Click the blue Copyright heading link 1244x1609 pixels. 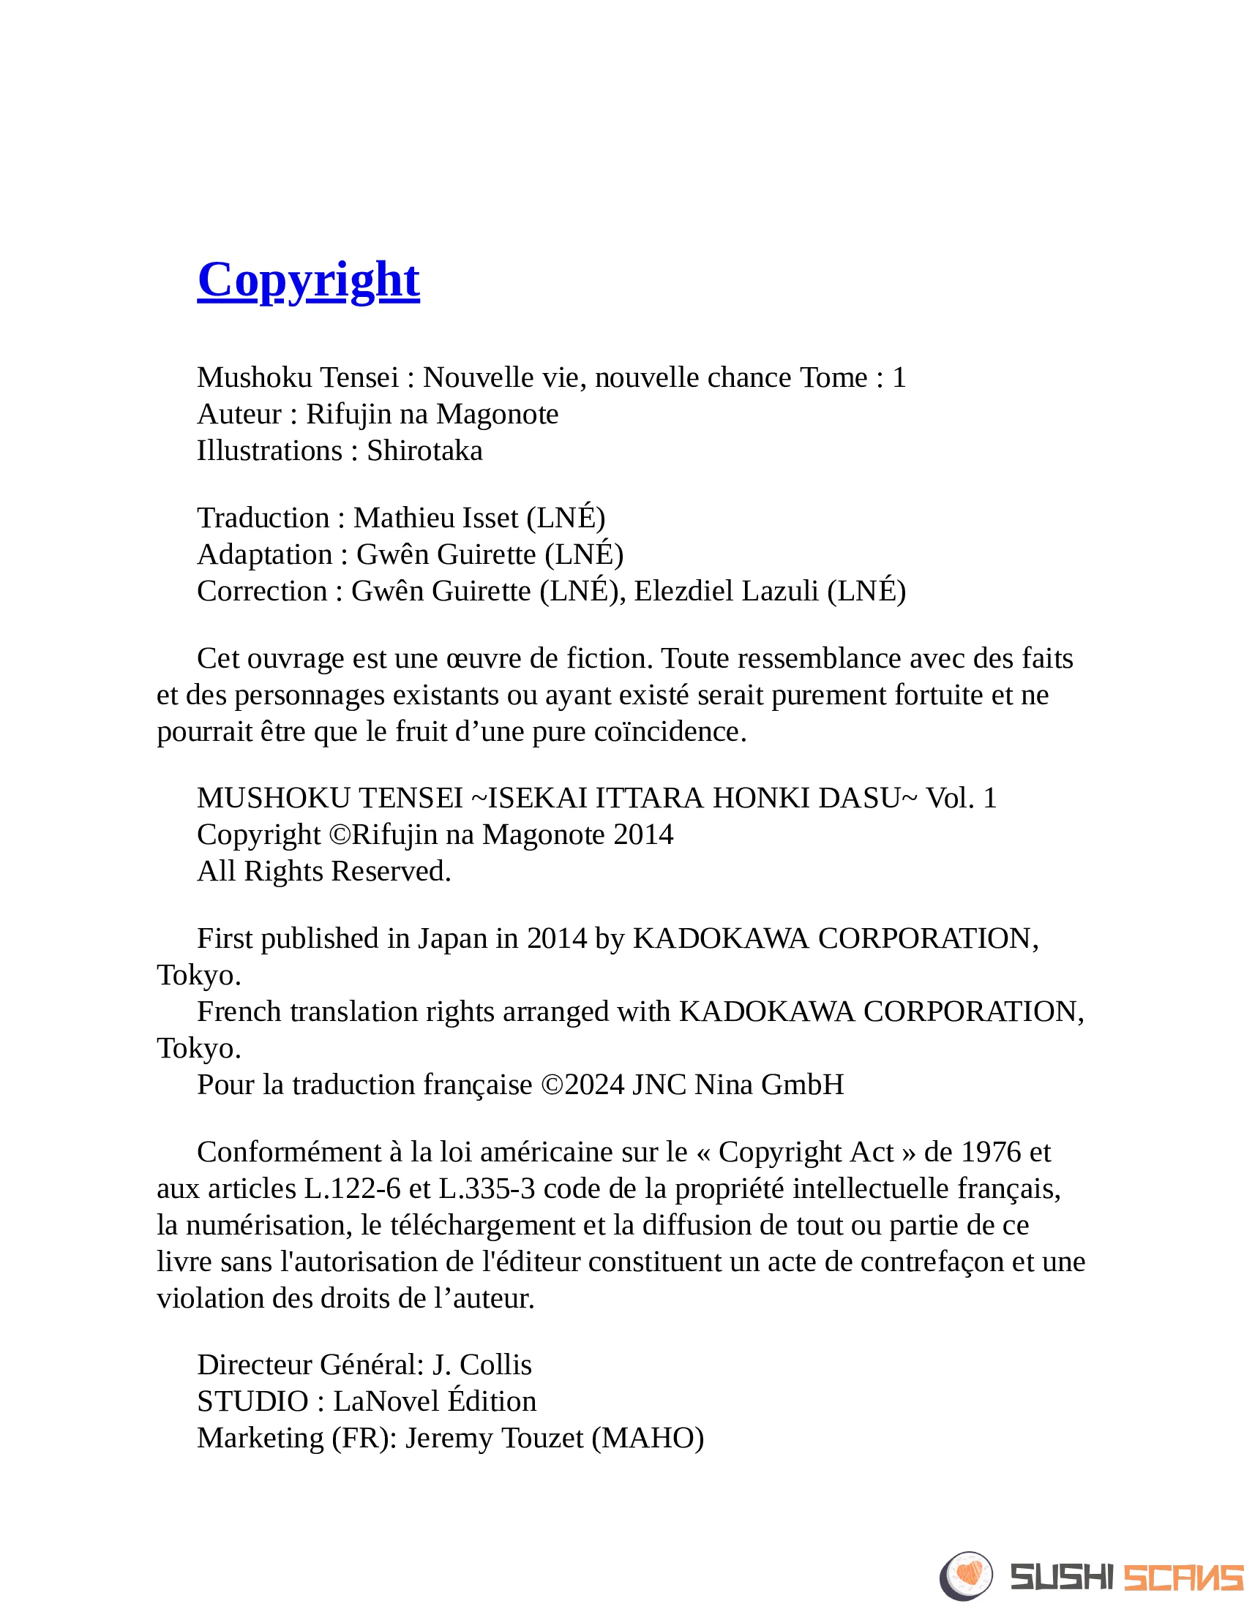(x=308, y=280)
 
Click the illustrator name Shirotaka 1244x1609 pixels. (x=424, y=451)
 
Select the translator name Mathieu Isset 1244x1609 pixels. (x=435, y=518)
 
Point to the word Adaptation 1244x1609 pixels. (x=265, y=555)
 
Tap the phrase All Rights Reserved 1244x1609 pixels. (x=323, y=872)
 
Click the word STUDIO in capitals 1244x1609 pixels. (x=252, y=1401)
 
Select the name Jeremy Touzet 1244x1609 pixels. (x=494, y=1438)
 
